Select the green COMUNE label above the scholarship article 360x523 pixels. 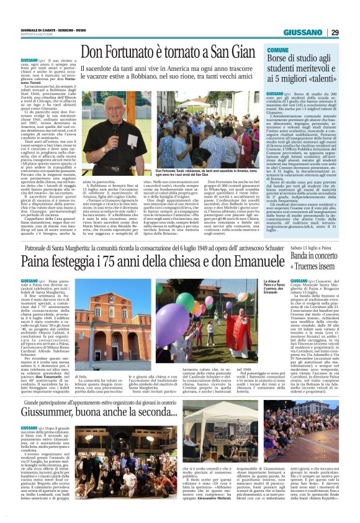[277, 48]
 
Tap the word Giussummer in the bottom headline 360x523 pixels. [60, 411]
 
